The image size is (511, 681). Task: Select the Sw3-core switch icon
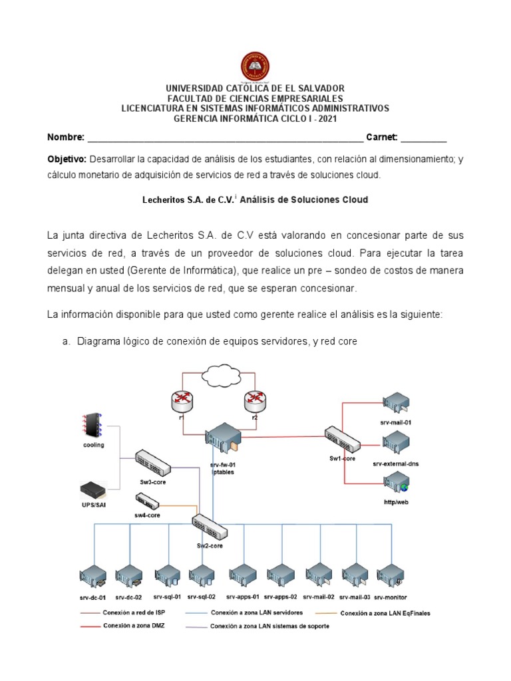[x=154, y=462]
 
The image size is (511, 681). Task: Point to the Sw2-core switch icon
[x=210, y=527]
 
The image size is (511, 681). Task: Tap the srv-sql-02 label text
[x=202, y=597]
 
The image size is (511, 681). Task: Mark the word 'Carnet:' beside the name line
[x=381, y=138]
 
